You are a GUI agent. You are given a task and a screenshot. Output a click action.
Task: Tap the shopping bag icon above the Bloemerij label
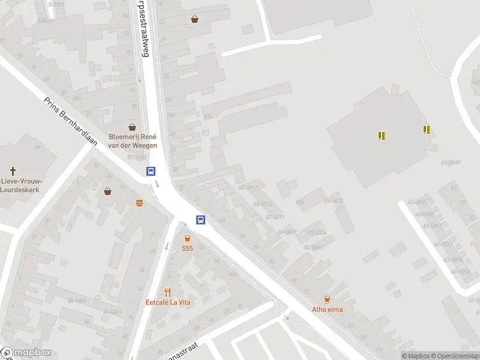tap(132, 127)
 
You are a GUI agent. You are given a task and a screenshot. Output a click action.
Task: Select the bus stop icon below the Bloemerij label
tap(151, 171)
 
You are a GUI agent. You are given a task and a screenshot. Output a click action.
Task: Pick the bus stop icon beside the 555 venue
tap(201, 220)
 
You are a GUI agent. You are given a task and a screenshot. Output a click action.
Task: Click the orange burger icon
tap(139, 202)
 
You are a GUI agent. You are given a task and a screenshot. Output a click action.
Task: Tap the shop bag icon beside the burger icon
tap(107, 191)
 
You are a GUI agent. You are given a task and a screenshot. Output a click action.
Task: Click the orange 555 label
tap(188, 248)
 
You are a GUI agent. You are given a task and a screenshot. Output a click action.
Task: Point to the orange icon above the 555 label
tap(188, 238)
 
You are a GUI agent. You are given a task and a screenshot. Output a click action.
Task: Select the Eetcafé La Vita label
tap(168, 302)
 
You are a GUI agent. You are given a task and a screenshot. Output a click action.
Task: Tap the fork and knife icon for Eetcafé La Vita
tap(168, 292)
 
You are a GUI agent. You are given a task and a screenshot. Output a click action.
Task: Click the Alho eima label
tap(327, 310)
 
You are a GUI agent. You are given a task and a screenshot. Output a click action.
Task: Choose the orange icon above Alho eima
tap(327, 299)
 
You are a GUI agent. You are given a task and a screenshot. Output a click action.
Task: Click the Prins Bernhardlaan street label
tap(71, 121)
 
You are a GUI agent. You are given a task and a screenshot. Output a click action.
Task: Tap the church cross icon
tap(13, 172)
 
